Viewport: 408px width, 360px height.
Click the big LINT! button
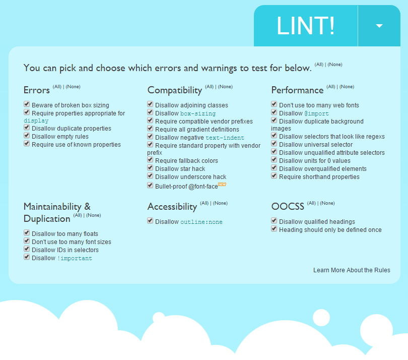point(305,26)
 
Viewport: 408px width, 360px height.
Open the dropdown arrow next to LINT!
point(379,26)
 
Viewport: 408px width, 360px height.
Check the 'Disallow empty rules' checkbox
point(27,136)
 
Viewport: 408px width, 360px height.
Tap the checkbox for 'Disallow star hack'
point(150,168)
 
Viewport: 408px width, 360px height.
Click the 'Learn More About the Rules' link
point(352,270)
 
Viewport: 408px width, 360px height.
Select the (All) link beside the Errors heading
point(57,87)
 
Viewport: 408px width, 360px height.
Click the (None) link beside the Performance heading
point(347,87)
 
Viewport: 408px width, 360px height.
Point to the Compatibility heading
point(174,90)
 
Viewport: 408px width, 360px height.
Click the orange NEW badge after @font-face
point(222,185)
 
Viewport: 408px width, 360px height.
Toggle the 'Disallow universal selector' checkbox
point(274,144)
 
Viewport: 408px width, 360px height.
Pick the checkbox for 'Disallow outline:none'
point(150,221)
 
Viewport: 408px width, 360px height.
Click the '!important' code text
point(75,258)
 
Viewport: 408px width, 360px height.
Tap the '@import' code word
point(316,113)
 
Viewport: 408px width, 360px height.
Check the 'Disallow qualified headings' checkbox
point(274,221)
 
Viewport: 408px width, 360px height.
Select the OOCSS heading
point(288,207)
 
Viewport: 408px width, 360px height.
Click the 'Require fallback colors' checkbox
point(150,160)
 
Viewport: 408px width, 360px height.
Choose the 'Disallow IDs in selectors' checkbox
point(27,250)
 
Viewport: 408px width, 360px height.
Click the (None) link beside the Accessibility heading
point(221,203)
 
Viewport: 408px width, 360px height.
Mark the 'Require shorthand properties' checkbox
point(274,176)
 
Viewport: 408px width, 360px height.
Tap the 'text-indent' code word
point(225,138)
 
